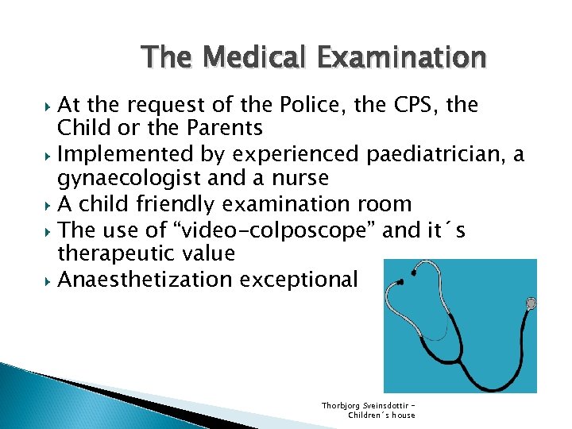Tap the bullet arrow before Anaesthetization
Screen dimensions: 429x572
[49, 280]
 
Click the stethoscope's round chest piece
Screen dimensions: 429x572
[531, 303]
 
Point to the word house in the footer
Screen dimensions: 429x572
[401, 415]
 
